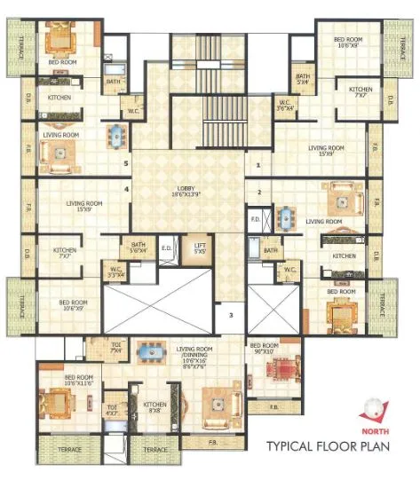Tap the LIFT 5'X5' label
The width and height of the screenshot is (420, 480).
pos(200,249)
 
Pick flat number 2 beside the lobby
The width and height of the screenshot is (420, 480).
pos(258,192)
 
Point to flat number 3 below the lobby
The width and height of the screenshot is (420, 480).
pos(230,315)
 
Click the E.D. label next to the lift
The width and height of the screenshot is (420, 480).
pos(166,248)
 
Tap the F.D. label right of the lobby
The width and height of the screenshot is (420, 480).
pos(254,218)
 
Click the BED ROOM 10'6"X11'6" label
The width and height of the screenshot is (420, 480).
pos(78,380)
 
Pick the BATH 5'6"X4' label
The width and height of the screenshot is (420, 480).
pos(138,248)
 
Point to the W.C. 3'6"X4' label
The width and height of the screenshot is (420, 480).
pos(285,105)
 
